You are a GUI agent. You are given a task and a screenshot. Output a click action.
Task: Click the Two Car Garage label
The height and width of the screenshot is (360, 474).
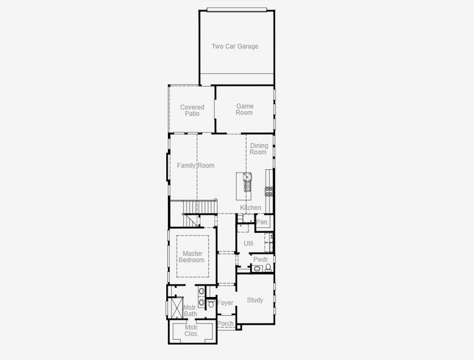tap(235, 46)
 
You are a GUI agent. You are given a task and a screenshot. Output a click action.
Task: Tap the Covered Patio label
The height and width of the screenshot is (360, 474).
tap(192, 110)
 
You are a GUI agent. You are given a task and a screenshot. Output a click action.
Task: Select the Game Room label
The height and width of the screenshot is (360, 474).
tap(244, 109)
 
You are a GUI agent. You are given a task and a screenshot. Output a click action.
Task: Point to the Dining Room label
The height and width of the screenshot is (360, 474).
tap(259, 149)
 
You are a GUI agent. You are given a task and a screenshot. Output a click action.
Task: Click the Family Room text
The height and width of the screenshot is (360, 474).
tap(195, 166)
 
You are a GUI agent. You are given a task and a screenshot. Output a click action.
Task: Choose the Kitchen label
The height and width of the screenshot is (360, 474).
tap(251, 208)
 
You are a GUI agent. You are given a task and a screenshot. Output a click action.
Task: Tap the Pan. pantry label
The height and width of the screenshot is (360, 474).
tap(262, 222)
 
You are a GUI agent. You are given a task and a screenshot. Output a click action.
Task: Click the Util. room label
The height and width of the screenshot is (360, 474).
tap(249, 244)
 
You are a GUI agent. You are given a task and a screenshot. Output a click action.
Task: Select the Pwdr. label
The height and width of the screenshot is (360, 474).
tap(260, 259)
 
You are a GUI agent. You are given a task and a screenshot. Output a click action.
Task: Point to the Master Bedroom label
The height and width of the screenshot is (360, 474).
tap(192, 257)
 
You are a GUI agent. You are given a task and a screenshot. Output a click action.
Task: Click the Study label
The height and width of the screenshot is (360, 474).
tap(255, 300)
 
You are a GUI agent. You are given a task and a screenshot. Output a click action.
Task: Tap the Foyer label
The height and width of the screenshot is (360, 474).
tap(225, 303)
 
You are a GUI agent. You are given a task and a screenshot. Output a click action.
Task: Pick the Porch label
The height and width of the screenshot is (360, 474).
tap(226, 324)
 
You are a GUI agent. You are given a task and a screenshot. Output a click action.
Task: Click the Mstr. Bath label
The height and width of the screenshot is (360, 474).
tap(190, 311)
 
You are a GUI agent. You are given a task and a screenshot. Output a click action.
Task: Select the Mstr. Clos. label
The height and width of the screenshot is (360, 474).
tap(192, 331)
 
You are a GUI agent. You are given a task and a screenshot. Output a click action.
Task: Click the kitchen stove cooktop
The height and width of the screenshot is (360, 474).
tap(269, 191)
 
